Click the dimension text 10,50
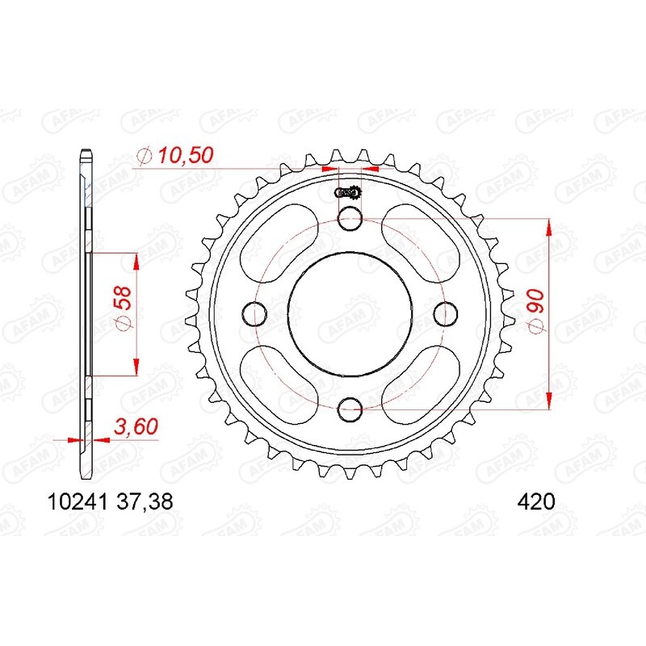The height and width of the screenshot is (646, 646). pyautogui.click(x=187, y=155)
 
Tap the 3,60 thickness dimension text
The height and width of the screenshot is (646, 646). pyautogui.click(x=136, y=426)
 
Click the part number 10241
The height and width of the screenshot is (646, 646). pyautogui.click(x=78, y=502)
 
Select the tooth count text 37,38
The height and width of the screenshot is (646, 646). pyautogui.click(x=145, y=502)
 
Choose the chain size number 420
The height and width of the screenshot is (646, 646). pyautogui.click(x=536, y=502)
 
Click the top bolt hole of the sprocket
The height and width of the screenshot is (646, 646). pyautogui.click(x=350, y=218)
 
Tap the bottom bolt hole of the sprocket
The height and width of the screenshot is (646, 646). pyautogui.click(x=350, y=409)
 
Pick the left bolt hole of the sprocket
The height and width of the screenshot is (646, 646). pyautogui.click(x=254, y=314)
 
